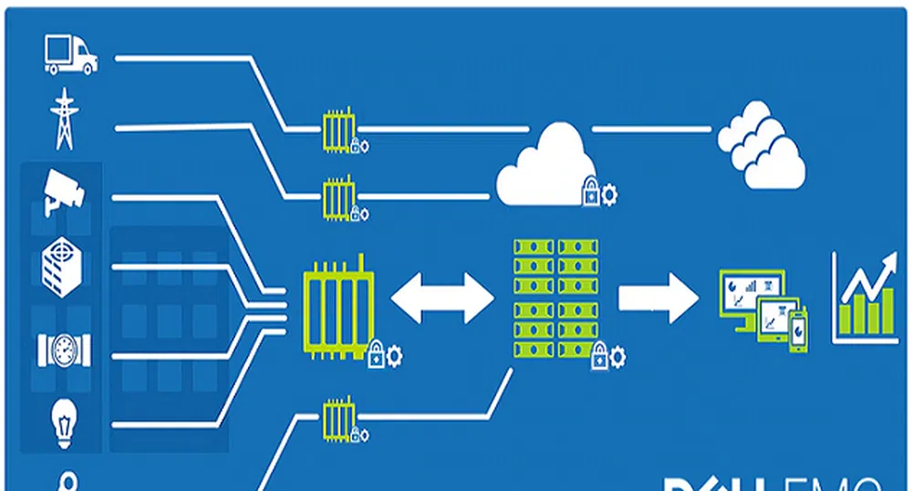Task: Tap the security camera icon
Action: (64, 191)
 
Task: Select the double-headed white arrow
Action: (442, 298)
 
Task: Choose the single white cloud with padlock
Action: (547, 166)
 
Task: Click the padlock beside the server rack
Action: (598, 357)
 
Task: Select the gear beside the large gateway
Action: (394, 355)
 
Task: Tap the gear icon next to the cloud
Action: (610, 193)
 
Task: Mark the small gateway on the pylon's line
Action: (339, 196)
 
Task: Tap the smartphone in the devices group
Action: (797, 329)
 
